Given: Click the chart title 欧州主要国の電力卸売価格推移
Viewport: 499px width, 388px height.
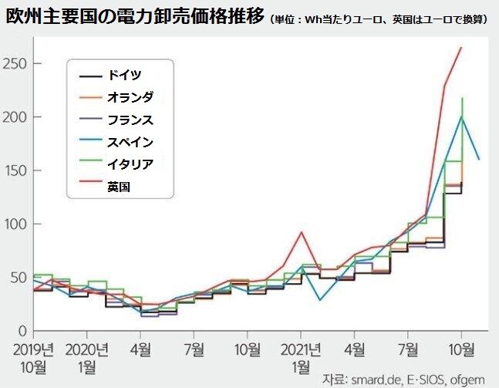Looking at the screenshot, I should tap(135, 16).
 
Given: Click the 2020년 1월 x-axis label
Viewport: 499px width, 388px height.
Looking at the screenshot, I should tap(86, 356).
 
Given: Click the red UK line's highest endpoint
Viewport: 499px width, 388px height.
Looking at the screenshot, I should tap(461, 48).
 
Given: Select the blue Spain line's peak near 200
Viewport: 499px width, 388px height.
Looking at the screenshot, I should tap(461, 116).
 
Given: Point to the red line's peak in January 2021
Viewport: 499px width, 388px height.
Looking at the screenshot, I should tap(302, 232).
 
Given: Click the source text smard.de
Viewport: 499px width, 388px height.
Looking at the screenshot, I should tap(373, 379).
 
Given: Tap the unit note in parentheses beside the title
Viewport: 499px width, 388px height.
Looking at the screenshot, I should tap(381, 19).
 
